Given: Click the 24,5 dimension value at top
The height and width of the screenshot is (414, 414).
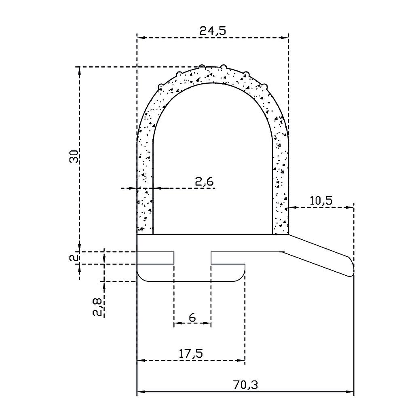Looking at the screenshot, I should [x=213, y=30].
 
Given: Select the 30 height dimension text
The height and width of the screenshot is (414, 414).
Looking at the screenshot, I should [x=74, y=156].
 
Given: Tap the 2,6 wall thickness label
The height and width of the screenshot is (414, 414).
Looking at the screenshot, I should [x=204, y=182].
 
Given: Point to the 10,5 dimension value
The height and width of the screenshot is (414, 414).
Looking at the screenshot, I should [x=321, y=200].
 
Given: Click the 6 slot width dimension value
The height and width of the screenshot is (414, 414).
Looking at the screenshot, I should [x=192, y=317].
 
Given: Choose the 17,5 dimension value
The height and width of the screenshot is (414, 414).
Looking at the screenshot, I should [x=190, y=353].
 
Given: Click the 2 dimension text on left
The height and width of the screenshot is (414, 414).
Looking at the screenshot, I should [x=74, y=258].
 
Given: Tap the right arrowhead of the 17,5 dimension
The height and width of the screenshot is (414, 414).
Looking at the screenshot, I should [x=241, y=360].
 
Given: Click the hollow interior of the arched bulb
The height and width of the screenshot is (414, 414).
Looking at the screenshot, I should [x=213, y=162].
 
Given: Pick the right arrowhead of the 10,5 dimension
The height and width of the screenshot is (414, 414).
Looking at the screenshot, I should [x=350, y=208].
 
